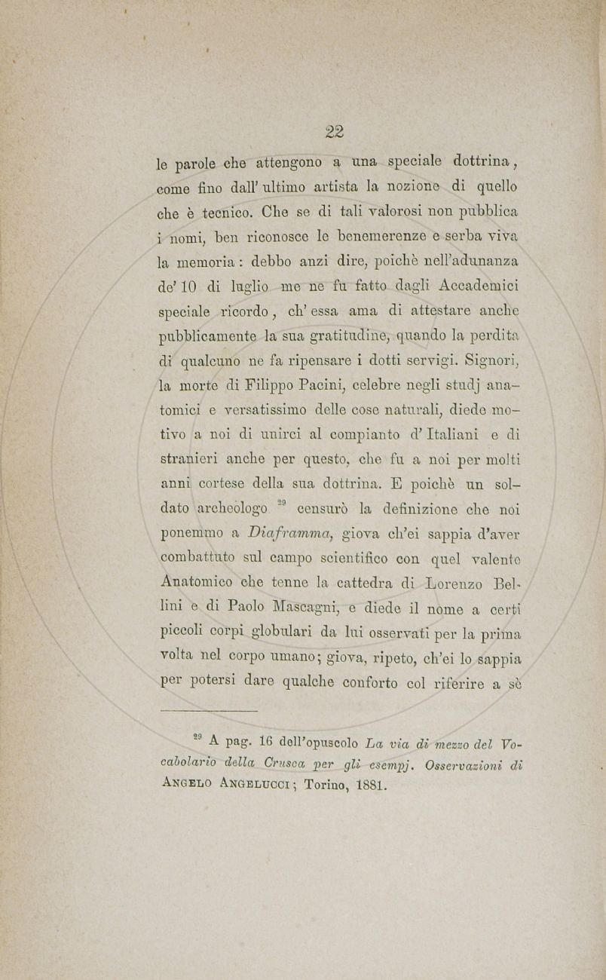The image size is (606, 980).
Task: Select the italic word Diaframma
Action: coord(289,534)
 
